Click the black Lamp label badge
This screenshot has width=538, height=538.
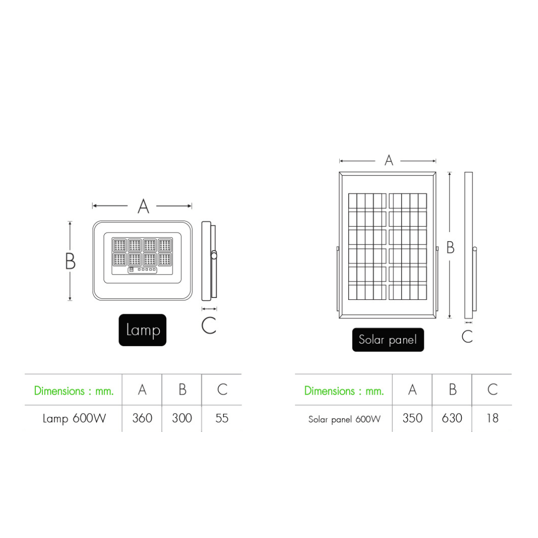pos(142,330)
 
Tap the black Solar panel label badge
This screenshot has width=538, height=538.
pos(388,340)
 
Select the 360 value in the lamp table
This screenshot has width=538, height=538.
pos(142,418)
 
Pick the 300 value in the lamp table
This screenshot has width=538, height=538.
pos(182,418)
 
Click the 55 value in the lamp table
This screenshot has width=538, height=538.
pos(222,418)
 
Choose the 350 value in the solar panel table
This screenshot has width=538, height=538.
pos(412,418)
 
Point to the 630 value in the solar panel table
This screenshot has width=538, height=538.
pos(452,418)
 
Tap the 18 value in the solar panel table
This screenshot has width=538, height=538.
pos(492,418)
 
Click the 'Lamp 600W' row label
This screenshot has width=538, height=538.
pos(74,418)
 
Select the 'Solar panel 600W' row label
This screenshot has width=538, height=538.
pos(345,419)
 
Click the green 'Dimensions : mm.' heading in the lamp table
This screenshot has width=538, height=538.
pos(74,391)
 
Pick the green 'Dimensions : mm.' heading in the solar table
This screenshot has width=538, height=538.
pos(344,391)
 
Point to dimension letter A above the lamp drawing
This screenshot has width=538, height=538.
pos(143,206)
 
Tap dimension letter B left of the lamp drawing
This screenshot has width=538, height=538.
pos(70,261)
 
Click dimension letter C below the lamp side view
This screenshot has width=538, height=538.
pos(209,325)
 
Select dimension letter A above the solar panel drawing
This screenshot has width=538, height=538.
pos(389,160)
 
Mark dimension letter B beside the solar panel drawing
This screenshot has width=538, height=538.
pos(450,248)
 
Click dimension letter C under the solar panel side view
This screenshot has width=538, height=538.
pos(467,336)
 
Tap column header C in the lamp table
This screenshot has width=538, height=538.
pos(222,390)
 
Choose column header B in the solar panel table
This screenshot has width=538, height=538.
pos(453,390)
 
